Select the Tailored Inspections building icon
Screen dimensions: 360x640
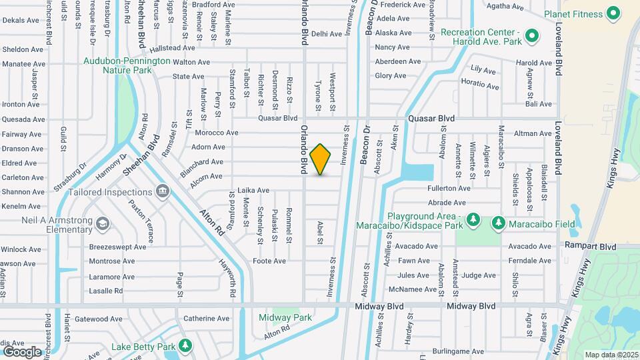tap(162, 193)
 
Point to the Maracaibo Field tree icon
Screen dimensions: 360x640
tap(497, 222)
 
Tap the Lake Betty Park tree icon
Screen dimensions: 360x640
tap(185, 345)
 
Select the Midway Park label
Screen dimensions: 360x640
tap(285, 317)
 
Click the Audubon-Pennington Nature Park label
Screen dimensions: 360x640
tap(127, 65)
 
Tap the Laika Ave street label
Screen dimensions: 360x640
tap(253, 190)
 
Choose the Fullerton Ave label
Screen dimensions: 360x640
tap(449, 189)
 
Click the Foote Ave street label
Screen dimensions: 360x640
tap(269, 261)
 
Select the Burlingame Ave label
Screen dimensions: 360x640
tap(457, 351)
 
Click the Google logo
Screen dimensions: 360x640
tap(22, 351)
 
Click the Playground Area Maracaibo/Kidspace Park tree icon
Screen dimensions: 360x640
tap(473, 219)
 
